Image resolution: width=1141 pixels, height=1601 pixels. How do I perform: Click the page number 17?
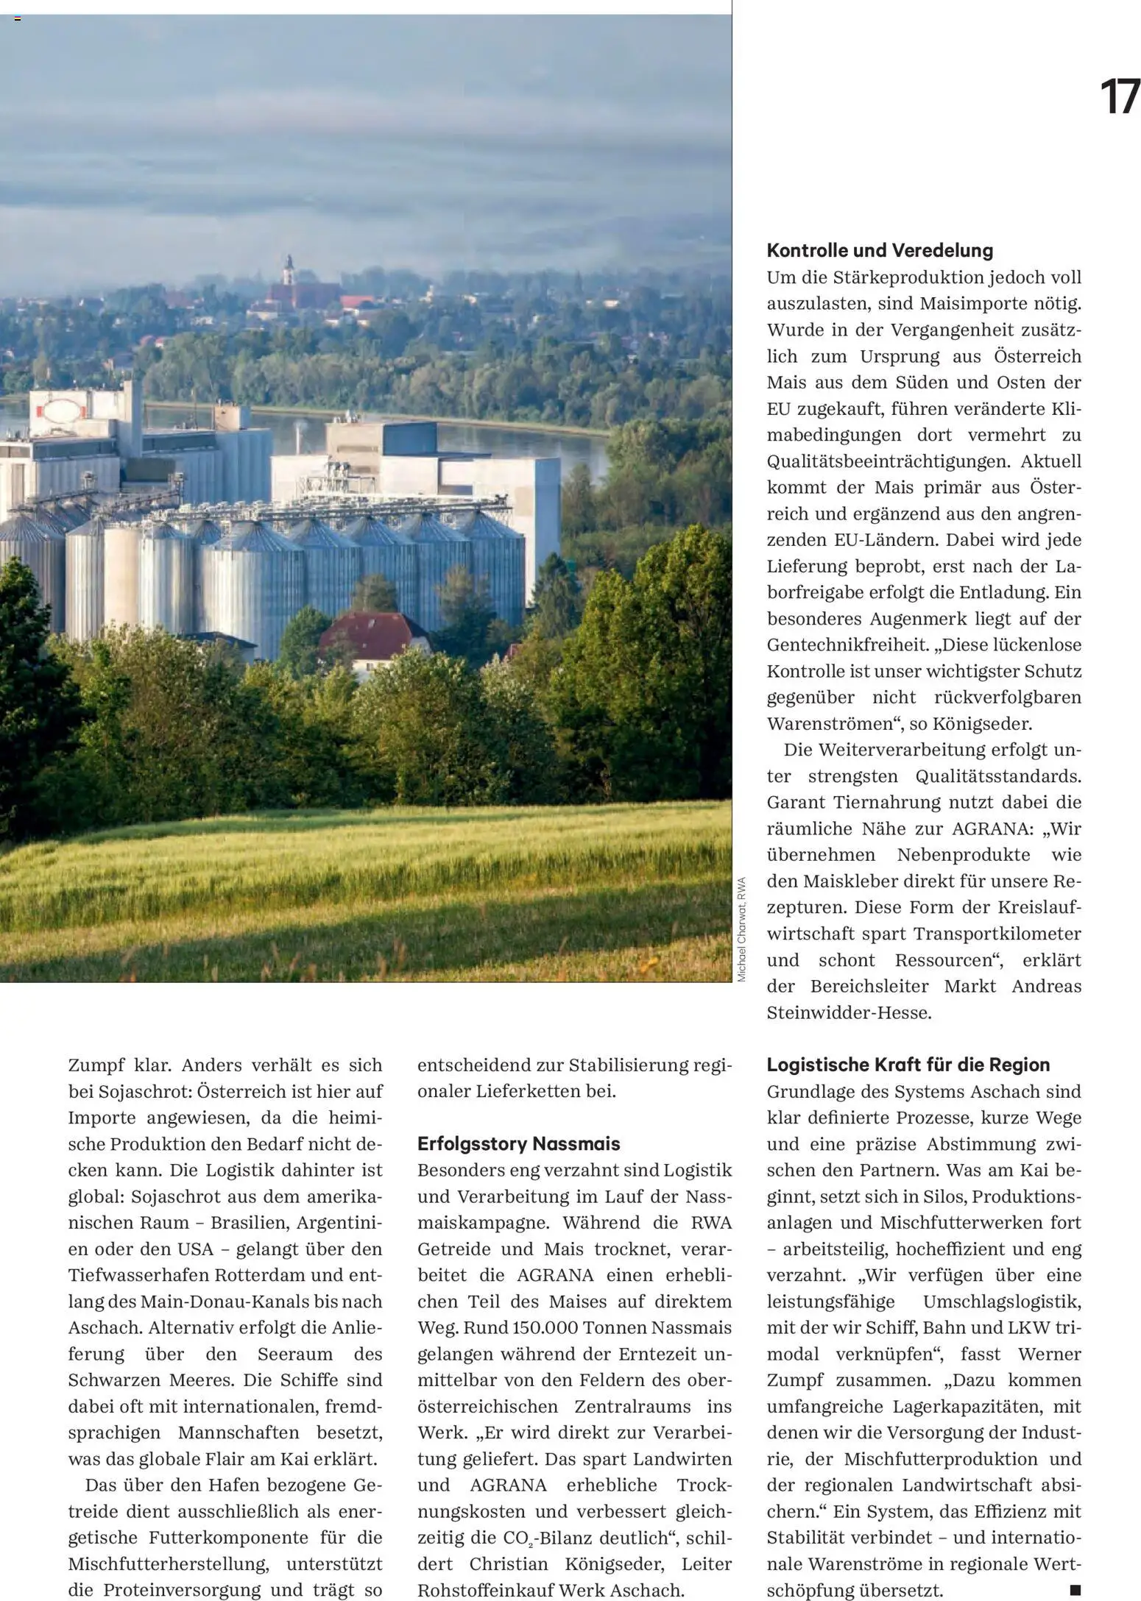(x=1119, y=98)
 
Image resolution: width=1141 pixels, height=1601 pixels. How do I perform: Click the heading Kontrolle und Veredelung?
(x=879, y=250)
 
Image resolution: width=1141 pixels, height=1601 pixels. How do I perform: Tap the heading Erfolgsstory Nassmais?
(x=518, y=1143)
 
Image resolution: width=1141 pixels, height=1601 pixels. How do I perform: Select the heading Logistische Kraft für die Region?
(x=908, y=1065)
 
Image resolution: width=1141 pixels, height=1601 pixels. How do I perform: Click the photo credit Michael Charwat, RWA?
(x=742, y=929)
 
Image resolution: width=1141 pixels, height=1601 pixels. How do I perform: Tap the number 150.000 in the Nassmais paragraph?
(x=513, y=1327)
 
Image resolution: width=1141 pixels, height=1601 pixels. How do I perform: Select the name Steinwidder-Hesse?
(x=849, y=1012)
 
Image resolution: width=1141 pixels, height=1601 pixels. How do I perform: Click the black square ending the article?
(x=1075, y=1590)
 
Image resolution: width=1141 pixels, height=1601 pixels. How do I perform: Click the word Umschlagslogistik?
(x=1001, y=1301)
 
